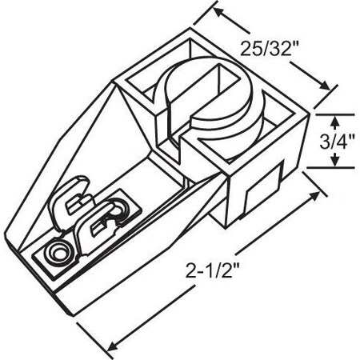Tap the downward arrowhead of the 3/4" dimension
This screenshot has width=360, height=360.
(335, 163)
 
